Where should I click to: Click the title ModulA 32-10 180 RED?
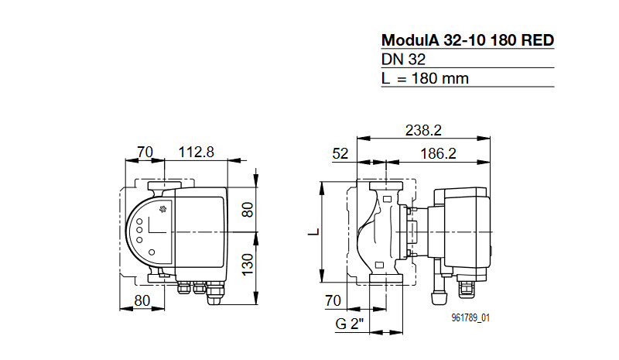coord(468,40)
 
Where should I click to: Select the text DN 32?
coord(403,60)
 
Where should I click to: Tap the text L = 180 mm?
coord(425,78)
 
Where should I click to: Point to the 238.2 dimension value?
coord(423,130)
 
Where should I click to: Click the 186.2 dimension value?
coord(438,153)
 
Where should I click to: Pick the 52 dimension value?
coord(340,154)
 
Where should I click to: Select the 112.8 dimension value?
coord(197,152)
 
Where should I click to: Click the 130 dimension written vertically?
coord(248,265)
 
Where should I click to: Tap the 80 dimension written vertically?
coord(248,210)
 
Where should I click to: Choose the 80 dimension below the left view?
coord(142,300)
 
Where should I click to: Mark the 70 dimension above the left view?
coord(145,152)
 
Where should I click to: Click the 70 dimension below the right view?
coord(333,300)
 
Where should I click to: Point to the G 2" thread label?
coord(350,324)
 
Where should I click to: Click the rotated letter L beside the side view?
coord(314,231)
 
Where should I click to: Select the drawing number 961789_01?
coord(470,317)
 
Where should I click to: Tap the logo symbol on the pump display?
coord(162,209)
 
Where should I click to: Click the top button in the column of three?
coord(139,221)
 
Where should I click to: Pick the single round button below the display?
coord(152,252)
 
